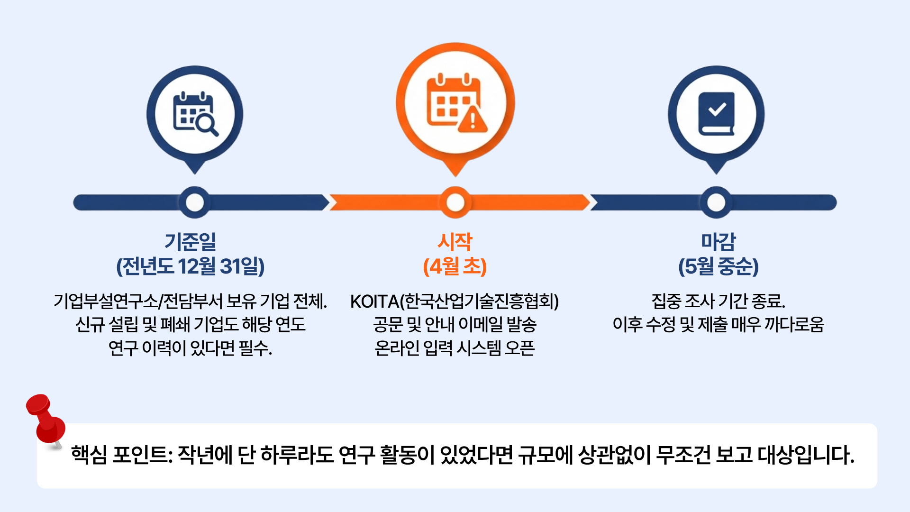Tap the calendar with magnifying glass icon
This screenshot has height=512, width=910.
195,114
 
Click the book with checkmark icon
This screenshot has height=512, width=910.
716,114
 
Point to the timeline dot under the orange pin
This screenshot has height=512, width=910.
455,202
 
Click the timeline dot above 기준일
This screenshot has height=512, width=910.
195,202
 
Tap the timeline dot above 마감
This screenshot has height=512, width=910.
716,202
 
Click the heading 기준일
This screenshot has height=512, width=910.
190,241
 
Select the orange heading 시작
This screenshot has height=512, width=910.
455,241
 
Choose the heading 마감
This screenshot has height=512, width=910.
719,241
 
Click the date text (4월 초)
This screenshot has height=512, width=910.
455,266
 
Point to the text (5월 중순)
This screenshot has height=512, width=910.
719,266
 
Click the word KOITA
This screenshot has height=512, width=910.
374,302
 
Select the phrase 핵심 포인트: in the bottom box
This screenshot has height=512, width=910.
121,455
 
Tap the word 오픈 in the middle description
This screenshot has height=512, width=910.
520,348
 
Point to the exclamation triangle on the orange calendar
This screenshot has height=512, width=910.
473,119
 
